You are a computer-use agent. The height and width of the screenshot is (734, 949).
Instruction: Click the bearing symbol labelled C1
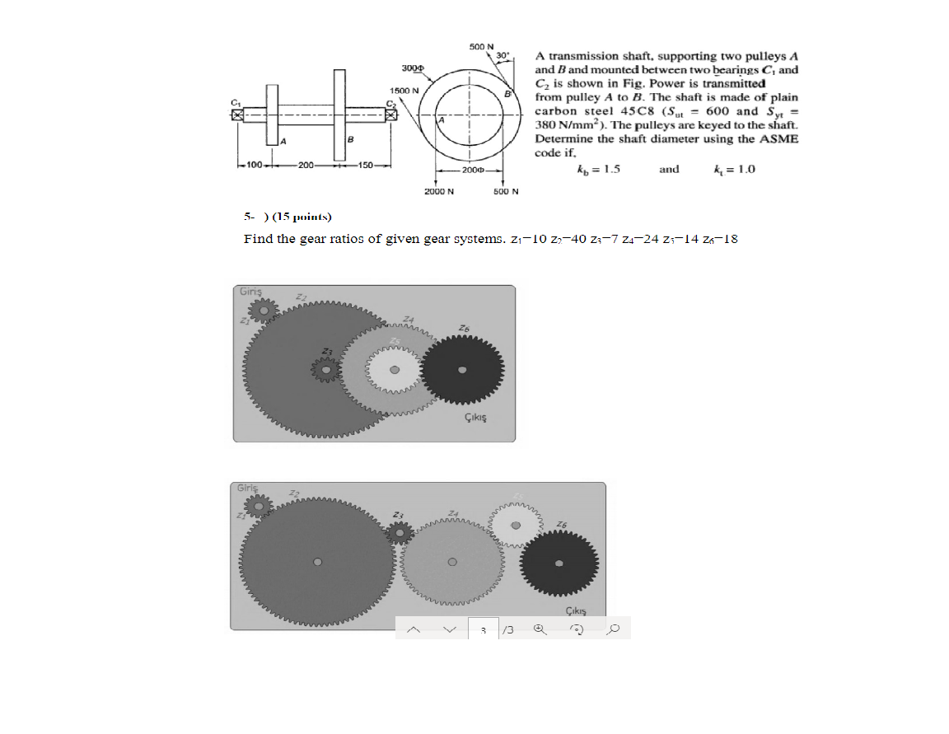238,115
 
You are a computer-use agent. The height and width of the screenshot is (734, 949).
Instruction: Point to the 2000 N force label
439,191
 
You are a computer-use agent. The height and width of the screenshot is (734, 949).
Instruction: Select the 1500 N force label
404,90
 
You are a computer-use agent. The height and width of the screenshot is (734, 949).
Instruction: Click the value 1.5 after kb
610,170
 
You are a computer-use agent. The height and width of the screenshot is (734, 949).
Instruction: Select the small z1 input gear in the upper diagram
263,309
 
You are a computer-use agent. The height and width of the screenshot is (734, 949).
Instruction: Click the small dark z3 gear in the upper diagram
327,372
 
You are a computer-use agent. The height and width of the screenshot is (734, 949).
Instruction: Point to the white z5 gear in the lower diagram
517,525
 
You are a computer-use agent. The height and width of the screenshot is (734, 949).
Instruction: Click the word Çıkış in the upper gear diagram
475,418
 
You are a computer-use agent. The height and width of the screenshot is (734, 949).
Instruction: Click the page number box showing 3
484,629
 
